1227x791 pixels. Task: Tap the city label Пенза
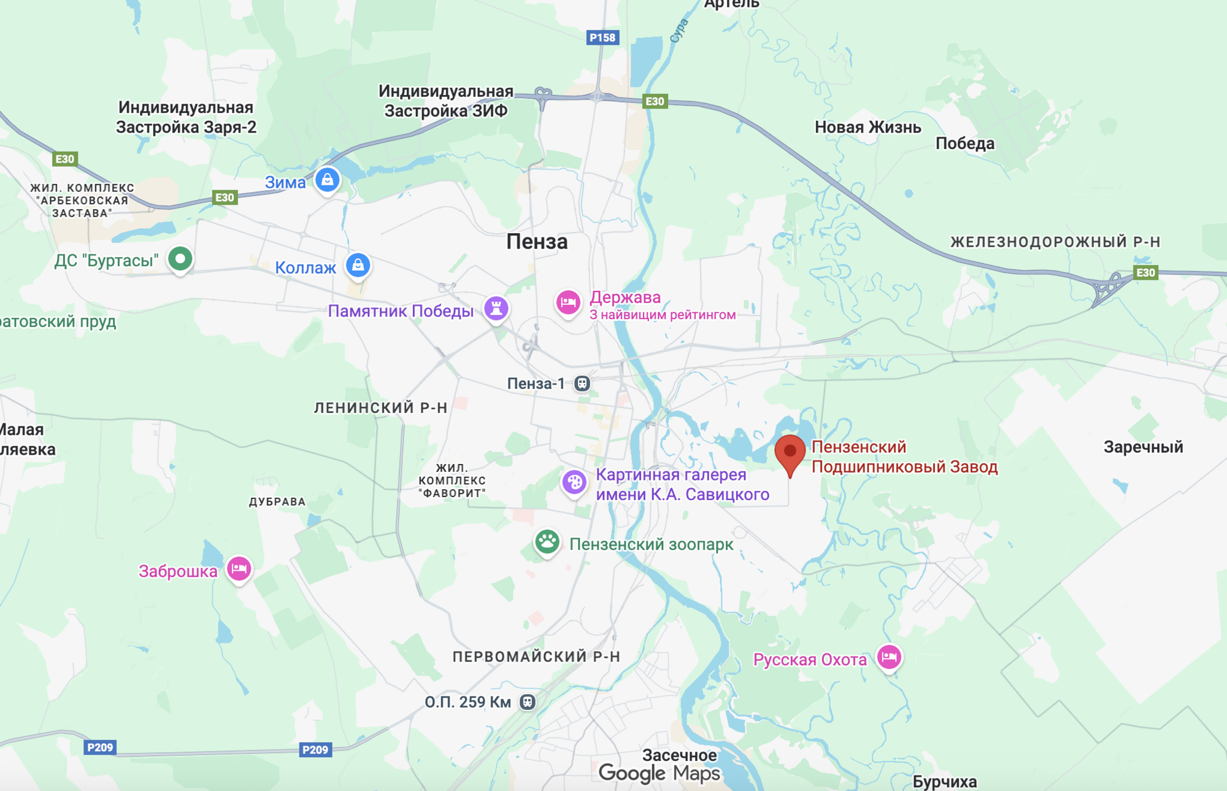[537, 242]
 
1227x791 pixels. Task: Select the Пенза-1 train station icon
[582, 384]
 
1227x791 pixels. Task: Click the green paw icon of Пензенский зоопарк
[547, 542]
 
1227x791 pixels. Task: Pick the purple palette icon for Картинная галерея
[574, 482]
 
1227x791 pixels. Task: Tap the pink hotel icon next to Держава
[568, 302]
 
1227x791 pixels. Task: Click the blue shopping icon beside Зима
[328, 180]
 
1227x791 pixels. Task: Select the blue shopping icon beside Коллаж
[358, 265]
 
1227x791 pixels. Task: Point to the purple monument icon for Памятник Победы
[496, 307]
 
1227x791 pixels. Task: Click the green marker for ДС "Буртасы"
[180, 258]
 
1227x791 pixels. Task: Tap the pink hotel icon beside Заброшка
[239, 569]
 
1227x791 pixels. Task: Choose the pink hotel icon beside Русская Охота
[889, 657]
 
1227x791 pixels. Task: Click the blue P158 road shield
[602, 37]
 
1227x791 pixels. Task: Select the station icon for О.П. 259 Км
[528, 702]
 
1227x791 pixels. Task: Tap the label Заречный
[1143, 447]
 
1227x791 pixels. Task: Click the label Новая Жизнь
[867, 128]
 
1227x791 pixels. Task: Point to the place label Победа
[964, 144]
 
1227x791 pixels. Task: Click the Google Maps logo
[659, 773]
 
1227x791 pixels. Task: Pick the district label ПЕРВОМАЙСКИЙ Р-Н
[536, 657]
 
